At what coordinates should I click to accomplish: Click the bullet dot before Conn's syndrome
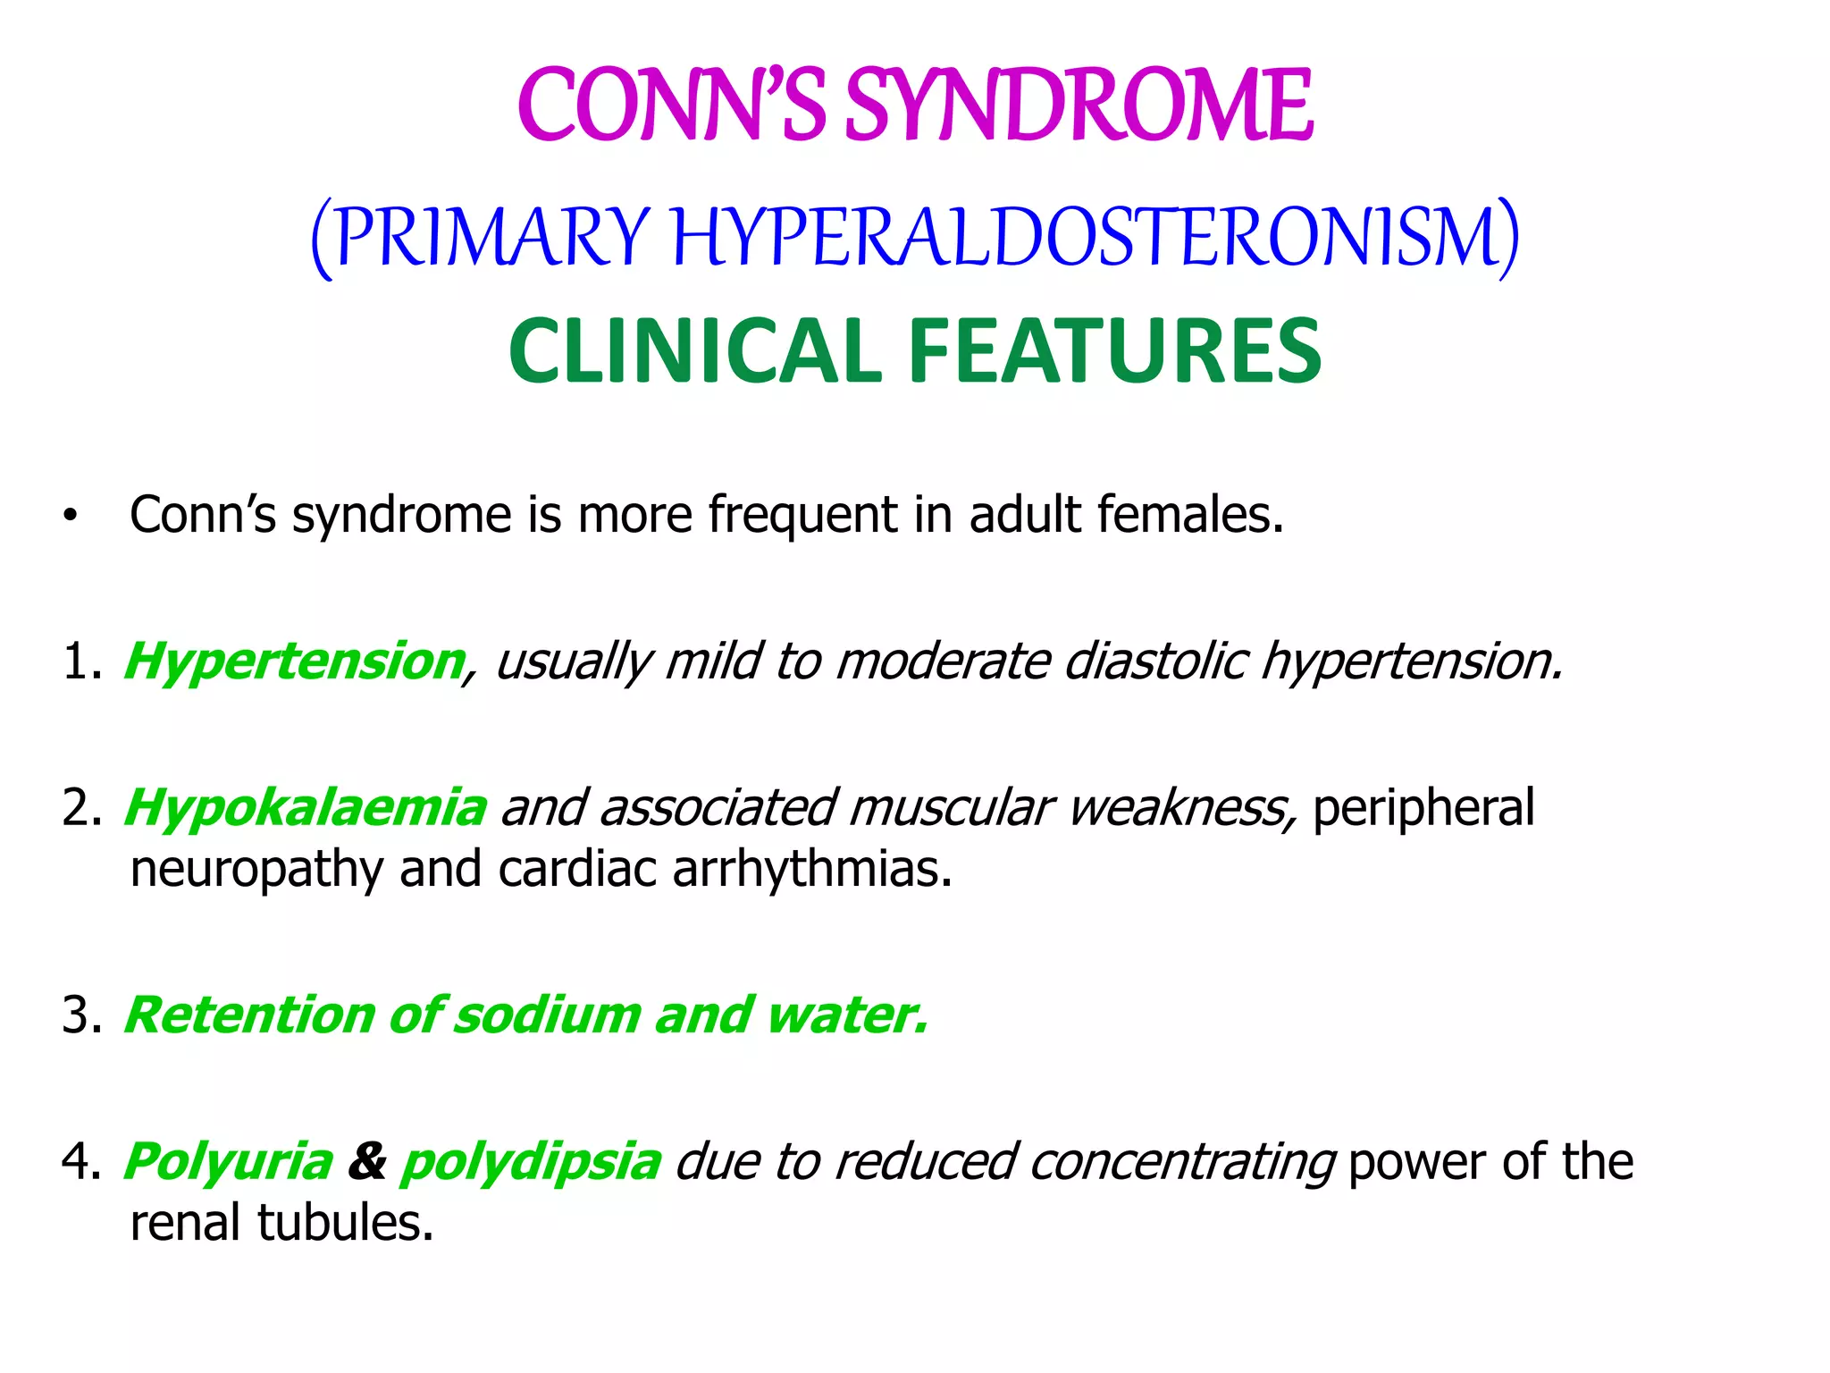71,517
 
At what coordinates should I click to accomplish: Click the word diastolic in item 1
1156,661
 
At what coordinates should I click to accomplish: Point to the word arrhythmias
812,869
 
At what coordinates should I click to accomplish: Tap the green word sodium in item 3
548,1015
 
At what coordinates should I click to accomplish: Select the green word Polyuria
229,1162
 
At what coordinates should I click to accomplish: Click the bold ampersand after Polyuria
367,1162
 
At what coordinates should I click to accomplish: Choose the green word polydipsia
531,1162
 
